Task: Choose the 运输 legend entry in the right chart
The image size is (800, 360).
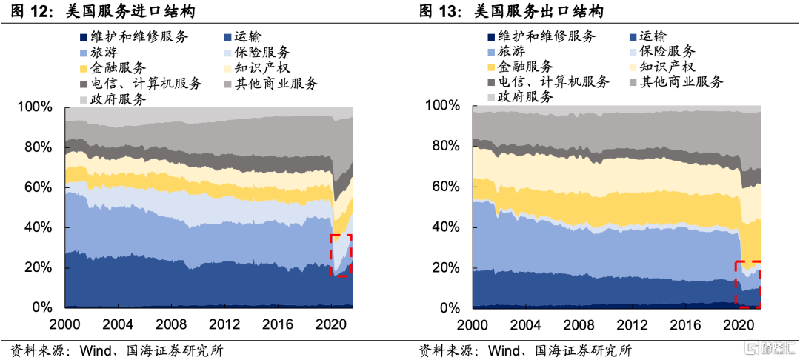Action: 652,36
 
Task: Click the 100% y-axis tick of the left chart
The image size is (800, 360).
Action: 35,108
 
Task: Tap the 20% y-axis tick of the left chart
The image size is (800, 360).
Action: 38,267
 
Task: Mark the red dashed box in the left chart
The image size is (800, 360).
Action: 341,256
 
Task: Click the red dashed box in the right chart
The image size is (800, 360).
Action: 747,284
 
